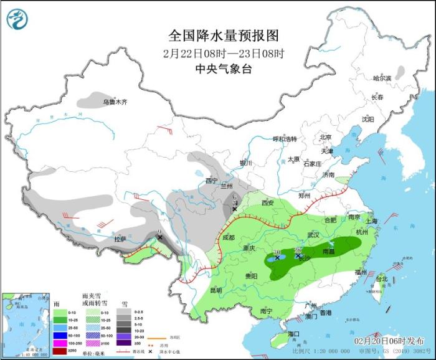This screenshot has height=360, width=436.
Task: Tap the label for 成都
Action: pos(227,237)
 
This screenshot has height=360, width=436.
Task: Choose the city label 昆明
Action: pos(216,290)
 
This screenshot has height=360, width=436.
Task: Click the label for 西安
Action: pos(268,202)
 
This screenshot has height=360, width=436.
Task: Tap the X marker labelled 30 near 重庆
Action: pos(277,257)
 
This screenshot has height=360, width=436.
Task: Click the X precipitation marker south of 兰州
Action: pos(234,209)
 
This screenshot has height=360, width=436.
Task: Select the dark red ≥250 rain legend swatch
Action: pos(58,351)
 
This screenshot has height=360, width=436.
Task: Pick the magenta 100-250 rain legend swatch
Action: pos(58,342)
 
